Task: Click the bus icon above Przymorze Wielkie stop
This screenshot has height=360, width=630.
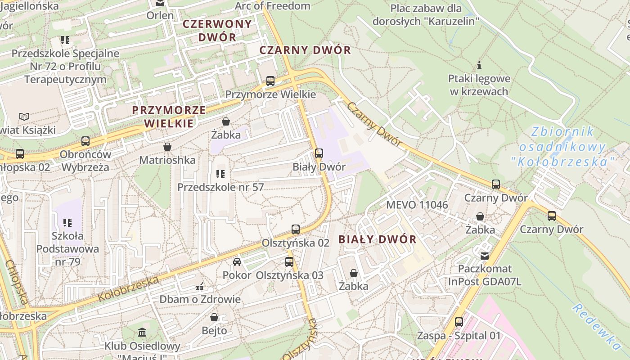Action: point(270,81)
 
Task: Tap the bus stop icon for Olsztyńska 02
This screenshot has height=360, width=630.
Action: point(296,229)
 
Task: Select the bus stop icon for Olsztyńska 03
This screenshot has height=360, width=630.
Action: point(289,262)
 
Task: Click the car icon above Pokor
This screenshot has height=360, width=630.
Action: point(237,262)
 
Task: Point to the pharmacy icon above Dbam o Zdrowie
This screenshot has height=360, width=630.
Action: point(200,286)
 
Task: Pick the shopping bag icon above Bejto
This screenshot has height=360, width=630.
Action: point(214,317)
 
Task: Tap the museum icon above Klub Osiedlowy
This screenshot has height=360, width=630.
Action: point(143,333)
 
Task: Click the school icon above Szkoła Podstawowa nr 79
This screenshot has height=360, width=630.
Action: point(67,222)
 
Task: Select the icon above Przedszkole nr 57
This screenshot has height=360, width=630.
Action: point(220,174)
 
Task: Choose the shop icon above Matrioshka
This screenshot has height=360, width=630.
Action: point(167,147)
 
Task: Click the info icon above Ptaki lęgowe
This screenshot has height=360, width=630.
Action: point(479,66)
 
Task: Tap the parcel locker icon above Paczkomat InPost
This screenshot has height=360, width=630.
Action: point(485,256)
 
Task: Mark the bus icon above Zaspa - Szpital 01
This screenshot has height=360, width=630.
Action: point(459,322)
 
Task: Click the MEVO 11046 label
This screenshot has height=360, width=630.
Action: point(417,205)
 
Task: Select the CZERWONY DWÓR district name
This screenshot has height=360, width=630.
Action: point(217,31)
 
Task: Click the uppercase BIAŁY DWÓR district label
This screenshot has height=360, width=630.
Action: point(378,239)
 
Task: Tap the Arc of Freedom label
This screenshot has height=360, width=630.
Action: point(273,6)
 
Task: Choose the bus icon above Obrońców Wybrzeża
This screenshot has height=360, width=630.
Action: point(85,141)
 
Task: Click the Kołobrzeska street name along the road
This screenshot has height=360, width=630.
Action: point(128,289)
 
